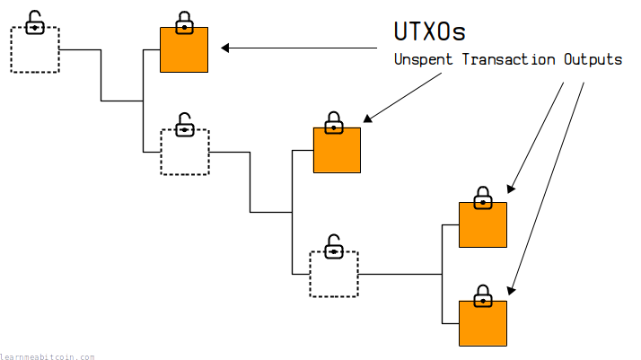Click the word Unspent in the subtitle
pos(425,60)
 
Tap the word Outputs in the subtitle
pos(593,60)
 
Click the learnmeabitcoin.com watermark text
pos(47,356)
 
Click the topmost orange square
pos(184,49)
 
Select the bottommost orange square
pos(483,323)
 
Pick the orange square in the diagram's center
pos(337,150)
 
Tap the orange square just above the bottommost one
pos(483,224)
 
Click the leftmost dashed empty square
pos(34,49)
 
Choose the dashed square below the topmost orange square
pos(184,152)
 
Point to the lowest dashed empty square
pos(334,274)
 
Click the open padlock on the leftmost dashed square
pos(34,22)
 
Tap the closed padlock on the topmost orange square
pos(184,22)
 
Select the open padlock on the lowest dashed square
pos(333,245)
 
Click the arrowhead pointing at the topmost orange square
pos(226,48)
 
